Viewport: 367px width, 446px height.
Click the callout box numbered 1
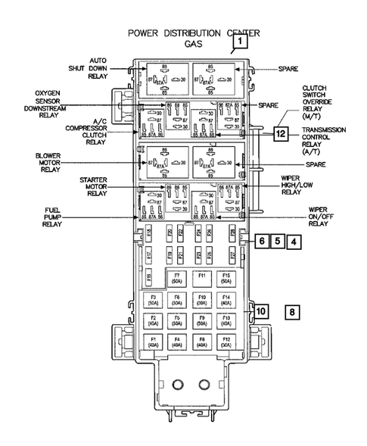coord(239,43)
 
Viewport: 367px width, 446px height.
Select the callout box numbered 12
coord(281,134)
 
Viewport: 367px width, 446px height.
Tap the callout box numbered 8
coord(293,310)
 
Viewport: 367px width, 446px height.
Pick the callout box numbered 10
coord(260,310)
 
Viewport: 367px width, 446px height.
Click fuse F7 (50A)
coord(177,277)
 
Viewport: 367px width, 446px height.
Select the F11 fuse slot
coord(201,277)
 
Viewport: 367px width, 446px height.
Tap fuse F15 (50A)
coord(225,277)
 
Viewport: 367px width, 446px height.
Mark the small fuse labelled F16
coord(149,233)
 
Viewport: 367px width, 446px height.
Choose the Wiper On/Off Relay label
coord(318,217)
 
